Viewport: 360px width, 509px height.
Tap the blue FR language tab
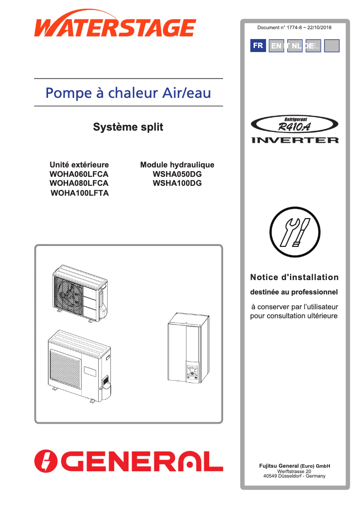pyautogui.click(x=258, y=46)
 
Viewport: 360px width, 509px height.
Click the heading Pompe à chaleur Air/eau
pyautogui.click(x=128, y=93)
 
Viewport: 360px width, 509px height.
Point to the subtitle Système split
pyautogui.click(x=128, y=127)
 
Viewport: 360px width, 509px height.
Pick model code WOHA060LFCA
pyautogui.click(x=79, y=174)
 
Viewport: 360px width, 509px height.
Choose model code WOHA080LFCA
pyautogui.click(x=79, y=184)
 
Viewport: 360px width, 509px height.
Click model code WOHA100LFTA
pyautogui.click(x=80, y=193)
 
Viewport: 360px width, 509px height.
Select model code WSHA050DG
pyautogui.click(x=177, y=174)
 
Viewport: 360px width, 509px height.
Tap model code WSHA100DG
pyautogui.click(x=177, y=184)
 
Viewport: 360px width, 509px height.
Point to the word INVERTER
pyautogui.click(x=295, y=140)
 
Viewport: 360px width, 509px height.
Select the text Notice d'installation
pyautogui.click(x=294, y=277)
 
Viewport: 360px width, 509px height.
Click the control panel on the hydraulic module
pyautogui.click(x=193, y=373)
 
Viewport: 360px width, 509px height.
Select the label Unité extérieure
pyautogui.click(x=79, y=165)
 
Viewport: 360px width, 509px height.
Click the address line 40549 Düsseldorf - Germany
pyautogui.click(x=294, y=476)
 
